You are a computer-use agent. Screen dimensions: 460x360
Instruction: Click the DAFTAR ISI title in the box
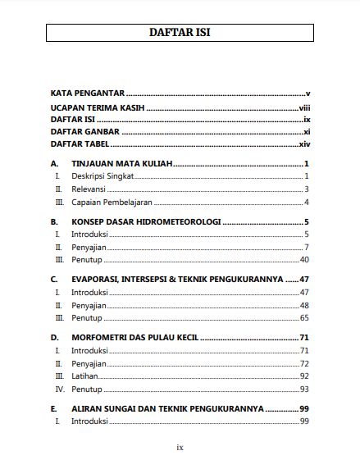coord(180,33)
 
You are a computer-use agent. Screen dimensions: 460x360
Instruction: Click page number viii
coord(304,107)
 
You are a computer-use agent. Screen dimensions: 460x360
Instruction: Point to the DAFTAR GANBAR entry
coord(84,131)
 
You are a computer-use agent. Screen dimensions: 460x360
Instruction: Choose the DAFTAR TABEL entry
coord(81,143)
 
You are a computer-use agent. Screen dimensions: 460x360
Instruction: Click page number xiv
coord(303,143)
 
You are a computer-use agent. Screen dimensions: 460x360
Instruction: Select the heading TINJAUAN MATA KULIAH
coord(121,163)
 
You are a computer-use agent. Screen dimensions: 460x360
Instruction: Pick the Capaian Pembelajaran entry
coord(113,202)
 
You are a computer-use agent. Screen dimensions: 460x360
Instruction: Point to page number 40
coord(303,259)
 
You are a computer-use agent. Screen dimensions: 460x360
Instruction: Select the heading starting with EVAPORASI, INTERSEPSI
coord(177,280)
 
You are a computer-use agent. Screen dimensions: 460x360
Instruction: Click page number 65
coord(303,317)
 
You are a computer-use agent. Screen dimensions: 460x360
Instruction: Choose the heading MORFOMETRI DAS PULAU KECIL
coord(135,337)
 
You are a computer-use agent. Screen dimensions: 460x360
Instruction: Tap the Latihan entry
coord(85,376)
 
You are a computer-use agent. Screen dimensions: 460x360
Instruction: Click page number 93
coord(303,389)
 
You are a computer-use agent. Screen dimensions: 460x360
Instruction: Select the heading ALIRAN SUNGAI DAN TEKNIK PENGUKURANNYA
coord(167,408)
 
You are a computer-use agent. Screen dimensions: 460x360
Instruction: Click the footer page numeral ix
coord(180,447)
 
